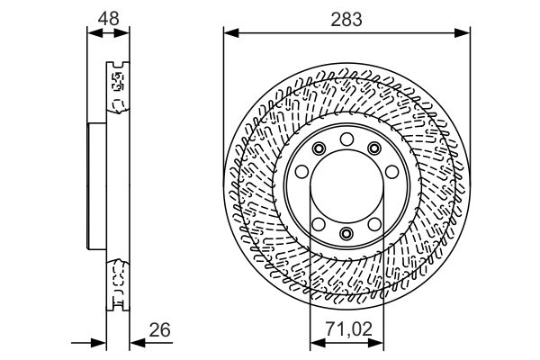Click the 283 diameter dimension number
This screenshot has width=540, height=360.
pos(346,19)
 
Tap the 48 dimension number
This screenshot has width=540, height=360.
pos(109,19)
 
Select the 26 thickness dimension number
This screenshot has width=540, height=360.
pos(160,330)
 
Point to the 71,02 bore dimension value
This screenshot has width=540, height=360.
pos(349,329)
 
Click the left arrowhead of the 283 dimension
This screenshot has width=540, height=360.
pos(231,33)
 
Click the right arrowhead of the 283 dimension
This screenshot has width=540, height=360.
pos(463,33)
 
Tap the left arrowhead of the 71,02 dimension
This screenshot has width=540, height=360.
pos(318,343)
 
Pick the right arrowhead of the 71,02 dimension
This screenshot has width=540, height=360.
pos(375,343)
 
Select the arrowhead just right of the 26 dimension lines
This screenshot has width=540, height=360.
pos(138,343)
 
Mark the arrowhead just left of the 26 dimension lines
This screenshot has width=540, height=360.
pos(98,343)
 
